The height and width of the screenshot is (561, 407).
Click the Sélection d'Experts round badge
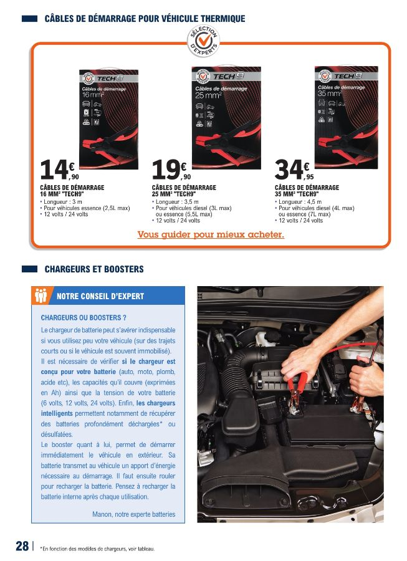tap(203, 41)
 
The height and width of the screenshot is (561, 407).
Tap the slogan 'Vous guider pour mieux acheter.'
tap(210, 235)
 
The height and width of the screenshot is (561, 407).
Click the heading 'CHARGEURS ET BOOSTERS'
tap(93, 269)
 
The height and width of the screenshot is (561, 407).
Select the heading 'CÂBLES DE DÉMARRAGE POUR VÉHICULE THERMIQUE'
tap(145, 19)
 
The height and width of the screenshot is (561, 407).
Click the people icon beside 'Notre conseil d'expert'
tap(42, 295)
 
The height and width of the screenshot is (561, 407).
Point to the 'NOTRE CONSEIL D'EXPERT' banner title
tap(100, 296)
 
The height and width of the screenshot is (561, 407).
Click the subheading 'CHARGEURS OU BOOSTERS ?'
tap(79, 317)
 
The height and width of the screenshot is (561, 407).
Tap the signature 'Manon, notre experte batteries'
tap(133, 514)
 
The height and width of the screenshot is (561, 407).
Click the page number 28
tap(22, 546)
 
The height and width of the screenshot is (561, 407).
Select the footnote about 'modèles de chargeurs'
tap(97, 549)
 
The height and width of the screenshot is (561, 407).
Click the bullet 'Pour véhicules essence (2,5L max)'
tap(86, 208)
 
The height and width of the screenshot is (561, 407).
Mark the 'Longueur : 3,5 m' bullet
tap(177, 202)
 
